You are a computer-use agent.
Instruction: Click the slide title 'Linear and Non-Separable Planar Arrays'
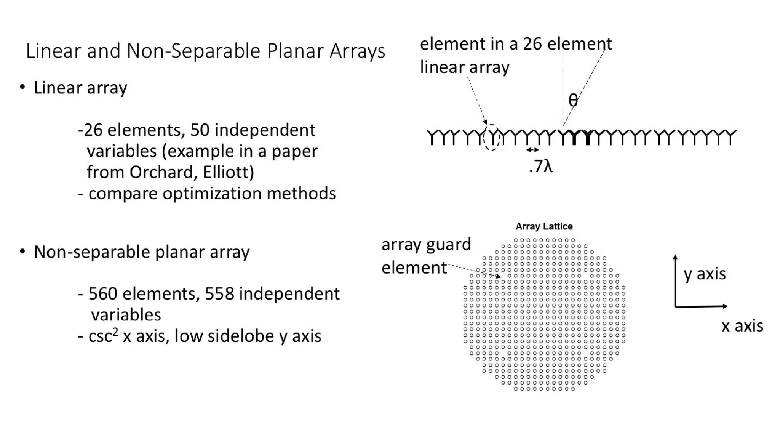point(205,51)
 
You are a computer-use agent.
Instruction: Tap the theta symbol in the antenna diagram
point(573,100)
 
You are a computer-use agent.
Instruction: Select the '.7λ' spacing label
point(541,166)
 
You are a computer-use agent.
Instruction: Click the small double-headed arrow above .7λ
point(532,150)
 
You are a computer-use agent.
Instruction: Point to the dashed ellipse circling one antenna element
point(491,138)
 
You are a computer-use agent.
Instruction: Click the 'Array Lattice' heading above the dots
point(544,226)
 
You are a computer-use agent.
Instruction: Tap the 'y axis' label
point(705,274)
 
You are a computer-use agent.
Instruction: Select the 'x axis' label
point(742,326)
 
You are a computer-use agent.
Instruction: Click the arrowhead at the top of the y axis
point(675,256)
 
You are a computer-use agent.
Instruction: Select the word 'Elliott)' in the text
point(228,172)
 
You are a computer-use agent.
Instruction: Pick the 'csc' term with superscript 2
point(103,336)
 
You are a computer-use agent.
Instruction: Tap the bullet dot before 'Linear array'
point(23,88)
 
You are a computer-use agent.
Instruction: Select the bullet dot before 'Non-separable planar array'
point(23,252)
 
